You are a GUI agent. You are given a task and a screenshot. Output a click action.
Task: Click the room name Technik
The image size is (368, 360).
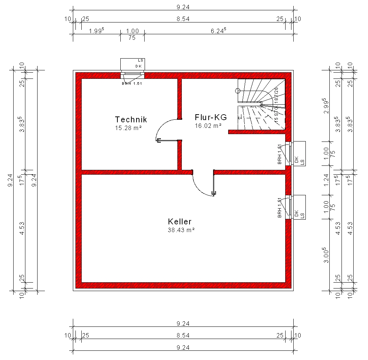pyautogui.click(x=131, y=119)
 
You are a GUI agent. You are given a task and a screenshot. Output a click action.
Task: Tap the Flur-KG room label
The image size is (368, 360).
pyautogui.click(x=211, y=117)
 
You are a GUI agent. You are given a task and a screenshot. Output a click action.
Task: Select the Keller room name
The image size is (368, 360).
pyautogui.click(x=180, y=221)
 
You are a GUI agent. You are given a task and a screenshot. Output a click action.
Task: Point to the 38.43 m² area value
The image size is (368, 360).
pyautogui.click(x=181, y=230)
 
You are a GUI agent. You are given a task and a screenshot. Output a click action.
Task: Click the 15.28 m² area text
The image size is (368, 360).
pyautogui.click(x=128, y=128)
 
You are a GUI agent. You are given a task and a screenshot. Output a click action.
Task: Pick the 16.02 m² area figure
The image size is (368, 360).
pyautogui.click(x=208, y=126)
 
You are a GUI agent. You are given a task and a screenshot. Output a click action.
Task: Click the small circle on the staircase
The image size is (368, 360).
pyautogui.click(x=238, y=91)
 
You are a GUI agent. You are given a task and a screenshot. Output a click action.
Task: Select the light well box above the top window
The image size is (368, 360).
pyautogui.click(x=132, y=64)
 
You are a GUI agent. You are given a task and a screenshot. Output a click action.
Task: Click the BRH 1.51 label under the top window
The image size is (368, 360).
pyautogui.click(x=132, y=83)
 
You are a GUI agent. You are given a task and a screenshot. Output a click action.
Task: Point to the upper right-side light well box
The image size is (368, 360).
pyautogui.click(x=300, y=153)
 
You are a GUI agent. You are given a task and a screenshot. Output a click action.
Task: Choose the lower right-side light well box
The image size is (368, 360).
pyautogui.click(x=300, y=207)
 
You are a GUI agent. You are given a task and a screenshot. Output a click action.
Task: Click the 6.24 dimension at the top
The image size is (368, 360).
pyautogui.click(x=218, y=31)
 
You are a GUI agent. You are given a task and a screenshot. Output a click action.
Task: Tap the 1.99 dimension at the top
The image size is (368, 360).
pyautogui.click(x=96, y=31)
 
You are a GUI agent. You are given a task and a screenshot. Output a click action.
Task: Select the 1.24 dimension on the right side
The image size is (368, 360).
pyautogui.click(x=326, y=180)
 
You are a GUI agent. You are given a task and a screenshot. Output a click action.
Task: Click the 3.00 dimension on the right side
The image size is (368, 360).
pyautogui.click(x=326, y=255)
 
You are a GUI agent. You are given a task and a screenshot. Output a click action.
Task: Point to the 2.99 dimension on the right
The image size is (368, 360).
pyautogui.click(x=326, y=106)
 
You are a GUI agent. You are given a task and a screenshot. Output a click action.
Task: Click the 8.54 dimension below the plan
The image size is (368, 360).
pyautogui.click(x=183, y=335)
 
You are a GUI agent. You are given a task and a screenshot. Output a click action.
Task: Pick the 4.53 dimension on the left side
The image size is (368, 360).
pyautogui.click(x=22, y=228)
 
